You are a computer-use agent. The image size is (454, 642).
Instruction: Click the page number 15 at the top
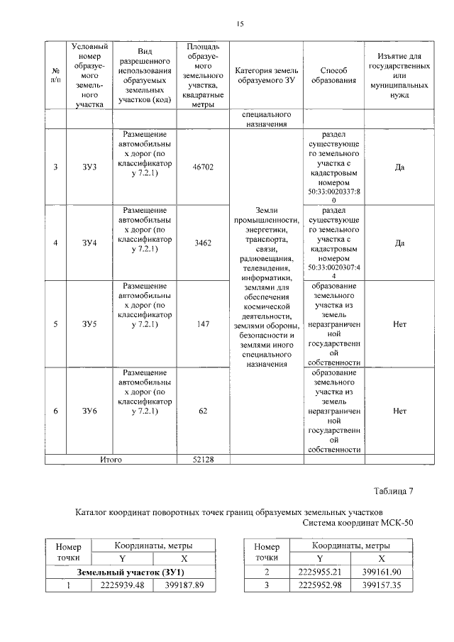click(240, 25)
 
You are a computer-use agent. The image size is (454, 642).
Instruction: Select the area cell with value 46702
click(203, 167)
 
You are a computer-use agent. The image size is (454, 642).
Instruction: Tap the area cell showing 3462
click(203, 243)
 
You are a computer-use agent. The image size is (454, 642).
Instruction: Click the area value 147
click(203, 324)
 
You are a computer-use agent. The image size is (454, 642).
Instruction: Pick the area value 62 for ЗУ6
click(203, 411)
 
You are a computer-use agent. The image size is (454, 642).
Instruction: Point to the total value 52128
click(203, 460)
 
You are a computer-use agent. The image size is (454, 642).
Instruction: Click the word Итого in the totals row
click(111, 460)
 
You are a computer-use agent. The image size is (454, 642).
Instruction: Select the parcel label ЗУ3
click(89, 167)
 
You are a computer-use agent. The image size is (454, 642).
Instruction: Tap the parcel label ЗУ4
click(89, 243)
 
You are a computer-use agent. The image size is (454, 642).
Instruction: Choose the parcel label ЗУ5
click(89, 324)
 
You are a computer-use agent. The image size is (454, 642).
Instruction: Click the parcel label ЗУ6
click(89, 411)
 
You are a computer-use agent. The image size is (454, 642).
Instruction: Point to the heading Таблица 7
click(392, 491)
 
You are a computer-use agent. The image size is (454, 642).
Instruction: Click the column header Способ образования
click(333, 76)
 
